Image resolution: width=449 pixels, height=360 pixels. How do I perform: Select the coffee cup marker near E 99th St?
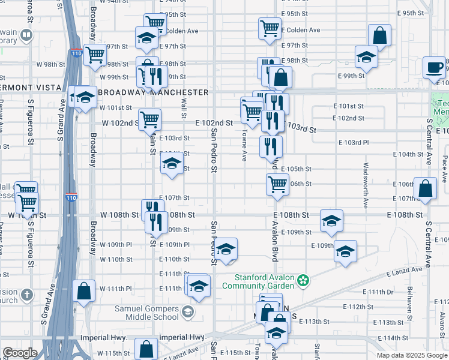tap(434, 67)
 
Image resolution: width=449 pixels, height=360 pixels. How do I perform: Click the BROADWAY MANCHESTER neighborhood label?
tap(152, 92)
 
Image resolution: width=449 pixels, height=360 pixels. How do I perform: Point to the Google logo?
tap(20, 353)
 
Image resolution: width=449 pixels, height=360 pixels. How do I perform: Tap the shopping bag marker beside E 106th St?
tap(425, 188)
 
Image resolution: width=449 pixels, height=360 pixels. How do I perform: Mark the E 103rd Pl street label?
tap(354, 142)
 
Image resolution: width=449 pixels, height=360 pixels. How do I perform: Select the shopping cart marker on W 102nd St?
tap(149, 119)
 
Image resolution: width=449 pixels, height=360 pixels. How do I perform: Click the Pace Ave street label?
tap(445, 166)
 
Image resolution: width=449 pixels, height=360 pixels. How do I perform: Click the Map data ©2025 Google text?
tap(411, 355)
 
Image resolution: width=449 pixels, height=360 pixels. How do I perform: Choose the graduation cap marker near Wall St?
tap(172, 164)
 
